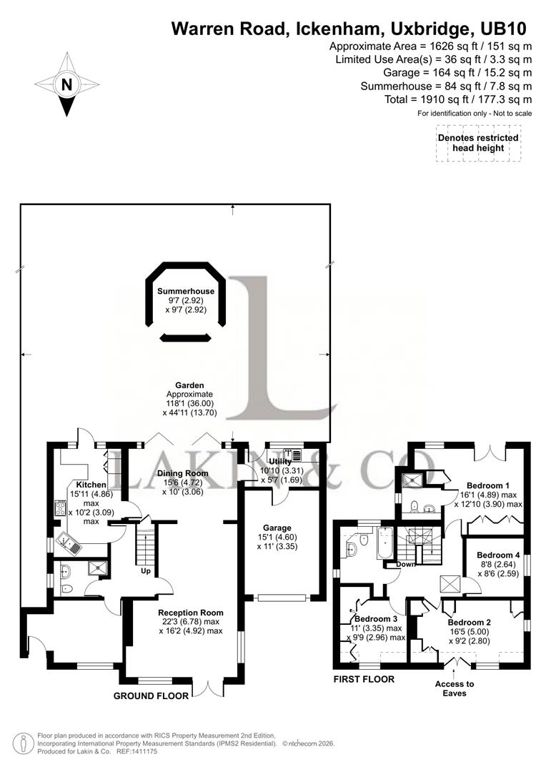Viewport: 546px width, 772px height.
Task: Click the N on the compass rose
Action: pos(66,84)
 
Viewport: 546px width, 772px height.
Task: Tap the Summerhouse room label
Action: pos(186,291)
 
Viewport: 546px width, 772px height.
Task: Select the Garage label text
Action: pos(277,528)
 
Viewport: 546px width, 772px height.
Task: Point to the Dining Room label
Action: pos(183,473)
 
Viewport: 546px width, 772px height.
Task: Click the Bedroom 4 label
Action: pos(498,555)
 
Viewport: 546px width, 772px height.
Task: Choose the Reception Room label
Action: pos(191,613)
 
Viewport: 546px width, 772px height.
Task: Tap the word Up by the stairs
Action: pos(146,571)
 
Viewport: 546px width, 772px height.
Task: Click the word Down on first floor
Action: pos(406,564)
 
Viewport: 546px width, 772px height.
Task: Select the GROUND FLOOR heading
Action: pos(151,696)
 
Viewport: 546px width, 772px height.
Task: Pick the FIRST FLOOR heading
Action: pos(364,679)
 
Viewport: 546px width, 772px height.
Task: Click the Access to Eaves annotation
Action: pos(455,688)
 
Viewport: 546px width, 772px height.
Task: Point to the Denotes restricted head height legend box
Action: pos(478,143)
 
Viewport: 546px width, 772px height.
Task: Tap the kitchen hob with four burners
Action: pos(61,508)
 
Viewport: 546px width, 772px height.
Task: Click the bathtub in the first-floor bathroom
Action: pos(384,543)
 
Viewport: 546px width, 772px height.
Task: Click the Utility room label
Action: pos(280,462)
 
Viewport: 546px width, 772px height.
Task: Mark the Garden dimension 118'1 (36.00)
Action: pos(189,403)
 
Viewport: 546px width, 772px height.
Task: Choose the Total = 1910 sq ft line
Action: pos(458,99)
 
